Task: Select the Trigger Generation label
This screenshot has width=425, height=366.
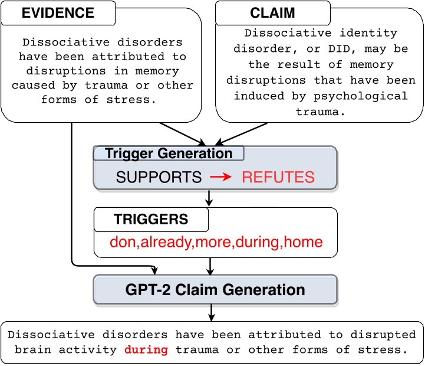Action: point(169,154)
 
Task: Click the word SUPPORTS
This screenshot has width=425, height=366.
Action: point(159,177)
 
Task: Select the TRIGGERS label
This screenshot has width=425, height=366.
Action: point(151,220)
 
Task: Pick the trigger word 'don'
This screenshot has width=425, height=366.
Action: point(122,242)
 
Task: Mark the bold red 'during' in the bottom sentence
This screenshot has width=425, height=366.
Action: point(146,349)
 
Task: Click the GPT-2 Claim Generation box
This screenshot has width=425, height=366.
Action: point(215,290)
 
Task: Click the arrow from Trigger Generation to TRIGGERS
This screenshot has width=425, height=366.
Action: point(209,199)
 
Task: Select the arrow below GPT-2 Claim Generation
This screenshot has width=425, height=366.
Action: point(212,312)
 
